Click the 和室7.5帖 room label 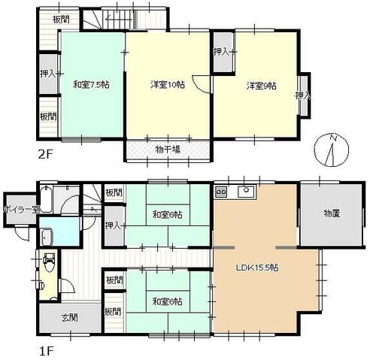click(x=91, y=85)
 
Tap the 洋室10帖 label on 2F click(x=168, y=85)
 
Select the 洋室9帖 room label click(x=262, y=86)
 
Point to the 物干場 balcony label click(x=168, y=150)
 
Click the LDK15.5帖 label click(x=257, y=268)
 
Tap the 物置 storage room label click(x=332, y=213)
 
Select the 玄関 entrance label click(x=69, y=318)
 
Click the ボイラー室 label click(x=21, y=210)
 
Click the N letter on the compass click(x=333, y=138)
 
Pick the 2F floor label click(x=46, y=154)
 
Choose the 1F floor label click(x=47, y=352)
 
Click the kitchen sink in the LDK click(x=246, y=192)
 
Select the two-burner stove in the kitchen click(x=221, y=192)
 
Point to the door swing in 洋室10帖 click(x=201, y=84)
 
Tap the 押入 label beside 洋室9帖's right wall click(x=303, y=95)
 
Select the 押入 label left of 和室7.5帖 click(x=47, y=74)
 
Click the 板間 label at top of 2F click(x=61, y=20)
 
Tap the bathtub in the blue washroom click(x=47, y=237)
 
